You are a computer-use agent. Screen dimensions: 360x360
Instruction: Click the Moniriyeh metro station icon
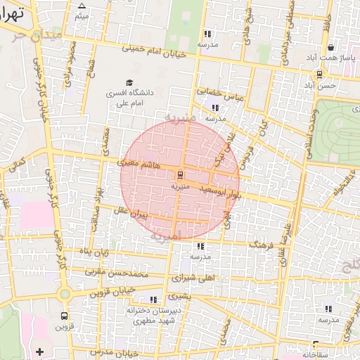click(180, 174)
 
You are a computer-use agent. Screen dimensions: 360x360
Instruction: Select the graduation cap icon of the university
click(129, 82)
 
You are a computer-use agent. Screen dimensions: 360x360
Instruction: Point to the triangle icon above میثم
click(82, 6)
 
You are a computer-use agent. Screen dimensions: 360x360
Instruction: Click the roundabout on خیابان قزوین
click(65, 294)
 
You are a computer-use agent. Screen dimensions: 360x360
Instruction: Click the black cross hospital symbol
click(39, 351)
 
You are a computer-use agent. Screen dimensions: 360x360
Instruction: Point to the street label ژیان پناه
click(94, 252)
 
